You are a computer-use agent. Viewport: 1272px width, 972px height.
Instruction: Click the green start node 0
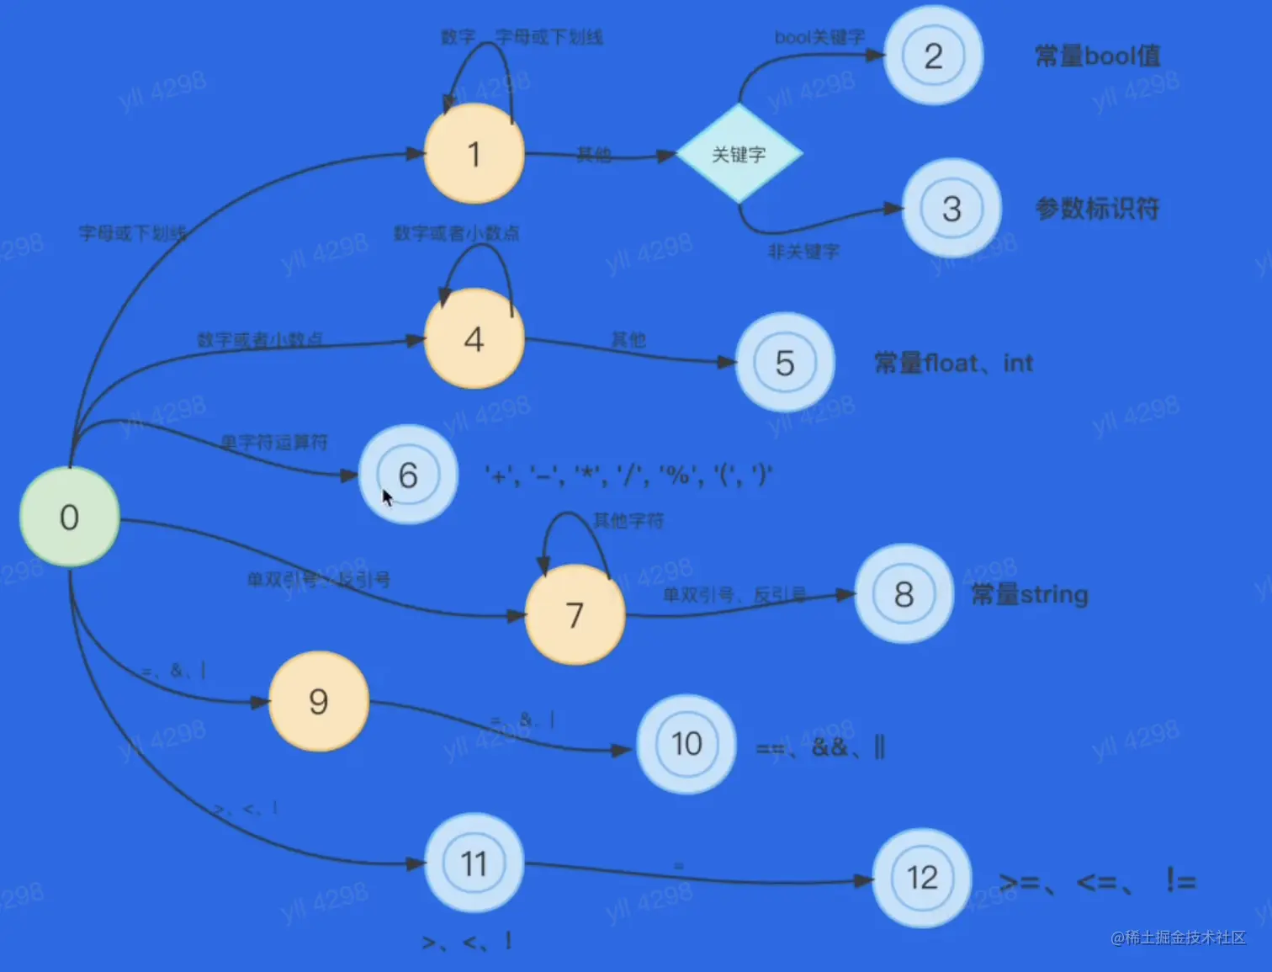tap(69, 517)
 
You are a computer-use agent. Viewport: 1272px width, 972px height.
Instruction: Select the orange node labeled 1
tap(474, 154)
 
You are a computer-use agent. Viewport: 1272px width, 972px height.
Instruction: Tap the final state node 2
tap(933, 56)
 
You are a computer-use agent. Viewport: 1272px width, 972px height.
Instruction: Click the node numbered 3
tap(951, 209)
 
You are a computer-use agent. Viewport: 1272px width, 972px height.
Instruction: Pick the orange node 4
tap(474, 339)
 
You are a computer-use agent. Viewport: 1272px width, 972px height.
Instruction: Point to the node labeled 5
tap(785, 363)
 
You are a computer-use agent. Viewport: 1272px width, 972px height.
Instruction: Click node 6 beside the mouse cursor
tap(409, 475)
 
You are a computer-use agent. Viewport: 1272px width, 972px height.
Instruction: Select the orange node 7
tap(575, 614)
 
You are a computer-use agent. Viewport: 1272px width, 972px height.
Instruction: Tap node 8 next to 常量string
tap(904, 594)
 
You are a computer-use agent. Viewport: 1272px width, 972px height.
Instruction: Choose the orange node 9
tap(319, 701)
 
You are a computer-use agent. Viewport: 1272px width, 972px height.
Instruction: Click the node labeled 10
tap(686, 744)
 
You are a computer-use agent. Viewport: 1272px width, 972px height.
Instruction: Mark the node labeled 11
tap(474, 863)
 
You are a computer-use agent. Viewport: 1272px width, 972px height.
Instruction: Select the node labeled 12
tap(922, 878)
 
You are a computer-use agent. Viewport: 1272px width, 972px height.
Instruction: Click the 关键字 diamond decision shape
tap(739, 154)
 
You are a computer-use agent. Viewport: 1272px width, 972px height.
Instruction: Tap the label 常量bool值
tap(1097, 56)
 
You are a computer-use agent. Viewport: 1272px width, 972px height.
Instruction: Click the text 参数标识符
tap(1097, 208)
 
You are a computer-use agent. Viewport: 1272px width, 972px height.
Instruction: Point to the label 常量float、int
tap(953, 363)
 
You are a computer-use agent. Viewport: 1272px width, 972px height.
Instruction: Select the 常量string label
tap(1030, 594)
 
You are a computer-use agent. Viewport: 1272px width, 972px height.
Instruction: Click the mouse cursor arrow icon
tap(387, 498)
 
